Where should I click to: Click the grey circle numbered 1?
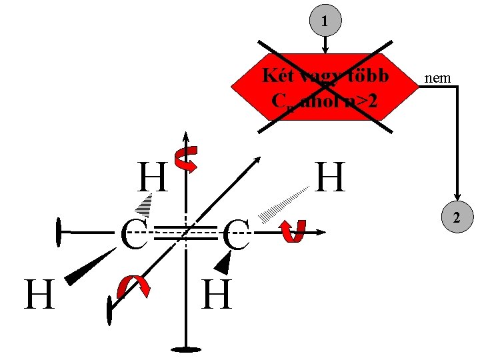point(325,21)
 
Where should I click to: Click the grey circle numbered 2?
point(457,217)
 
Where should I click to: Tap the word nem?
point(437,79)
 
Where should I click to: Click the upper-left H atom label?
point(152,178)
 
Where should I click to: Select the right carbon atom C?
point(236,236)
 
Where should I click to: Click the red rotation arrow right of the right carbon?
point(293,231)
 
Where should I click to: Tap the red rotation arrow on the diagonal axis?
point(133,287)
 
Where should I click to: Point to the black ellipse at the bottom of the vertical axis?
point(185,349)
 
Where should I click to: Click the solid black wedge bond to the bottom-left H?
point(90,267)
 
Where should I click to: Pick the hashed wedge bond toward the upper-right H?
point(283,204)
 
